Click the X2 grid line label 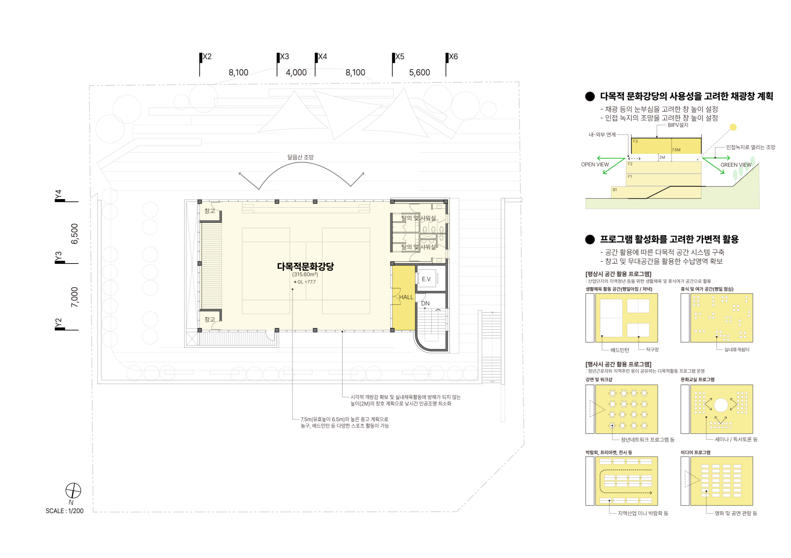(207, 56)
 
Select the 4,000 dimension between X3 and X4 (296, 73)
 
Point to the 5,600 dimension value (419, 73)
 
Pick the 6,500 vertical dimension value (74, 234)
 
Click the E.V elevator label (426, 279)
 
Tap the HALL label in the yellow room (406, 297)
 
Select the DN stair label (425, 303)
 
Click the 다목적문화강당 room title (305, 266)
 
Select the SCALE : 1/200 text (64, 511)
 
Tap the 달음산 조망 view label (300, 157)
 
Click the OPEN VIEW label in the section (595, 164)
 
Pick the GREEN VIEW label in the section (736, 165)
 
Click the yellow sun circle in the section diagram (733, 127)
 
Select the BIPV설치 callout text (678, 125)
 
